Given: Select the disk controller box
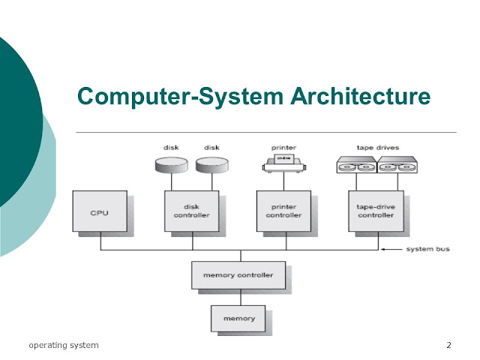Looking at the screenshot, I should click(190, 211).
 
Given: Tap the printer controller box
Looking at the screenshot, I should click(283, 211).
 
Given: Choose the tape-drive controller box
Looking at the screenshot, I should click(376, 211).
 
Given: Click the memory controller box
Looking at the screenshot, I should click(238, 275).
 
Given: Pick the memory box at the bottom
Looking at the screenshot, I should click(238, 318).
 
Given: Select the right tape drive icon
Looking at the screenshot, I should click(394, 165).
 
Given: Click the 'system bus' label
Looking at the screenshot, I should click(427, 249).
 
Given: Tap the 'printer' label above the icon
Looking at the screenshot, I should click(283, 147).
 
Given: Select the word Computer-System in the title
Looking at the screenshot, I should click(174, 97).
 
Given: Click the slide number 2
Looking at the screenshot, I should click(448, 345).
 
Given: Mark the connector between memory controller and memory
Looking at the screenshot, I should click(238, 297).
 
